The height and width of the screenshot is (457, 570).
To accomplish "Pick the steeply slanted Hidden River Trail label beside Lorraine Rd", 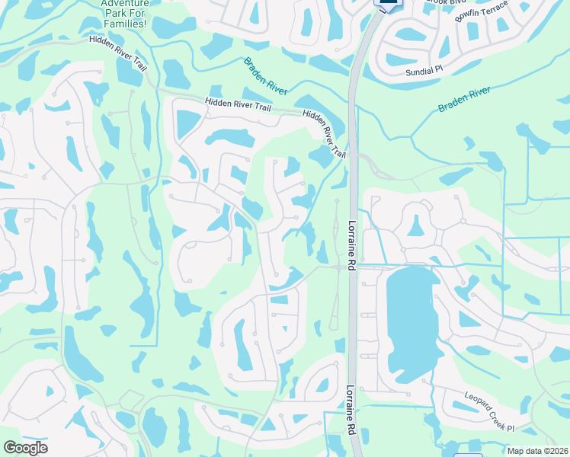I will point(325,134).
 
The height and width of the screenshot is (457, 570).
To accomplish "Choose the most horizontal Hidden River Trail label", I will point(239,106).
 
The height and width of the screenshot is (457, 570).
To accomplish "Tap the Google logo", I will point(25,447).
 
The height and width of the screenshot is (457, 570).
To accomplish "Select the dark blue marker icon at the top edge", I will point(389,4).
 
